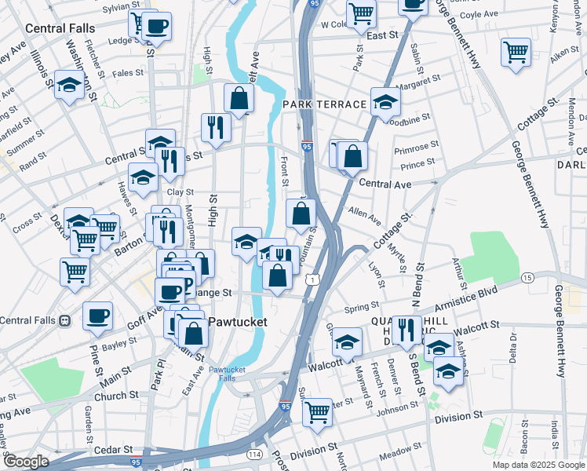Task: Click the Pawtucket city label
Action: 239,322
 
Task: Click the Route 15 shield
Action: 528,278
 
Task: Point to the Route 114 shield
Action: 255,455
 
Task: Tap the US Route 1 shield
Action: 314,279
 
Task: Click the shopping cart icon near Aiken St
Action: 516,53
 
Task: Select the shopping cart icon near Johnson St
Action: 317,411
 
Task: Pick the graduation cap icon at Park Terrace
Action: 385,102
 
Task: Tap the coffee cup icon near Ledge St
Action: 157,27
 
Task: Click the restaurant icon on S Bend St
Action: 405,330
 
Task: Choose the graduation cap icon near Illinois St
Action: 70,86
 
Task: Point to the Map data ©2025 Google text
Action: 538,465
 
